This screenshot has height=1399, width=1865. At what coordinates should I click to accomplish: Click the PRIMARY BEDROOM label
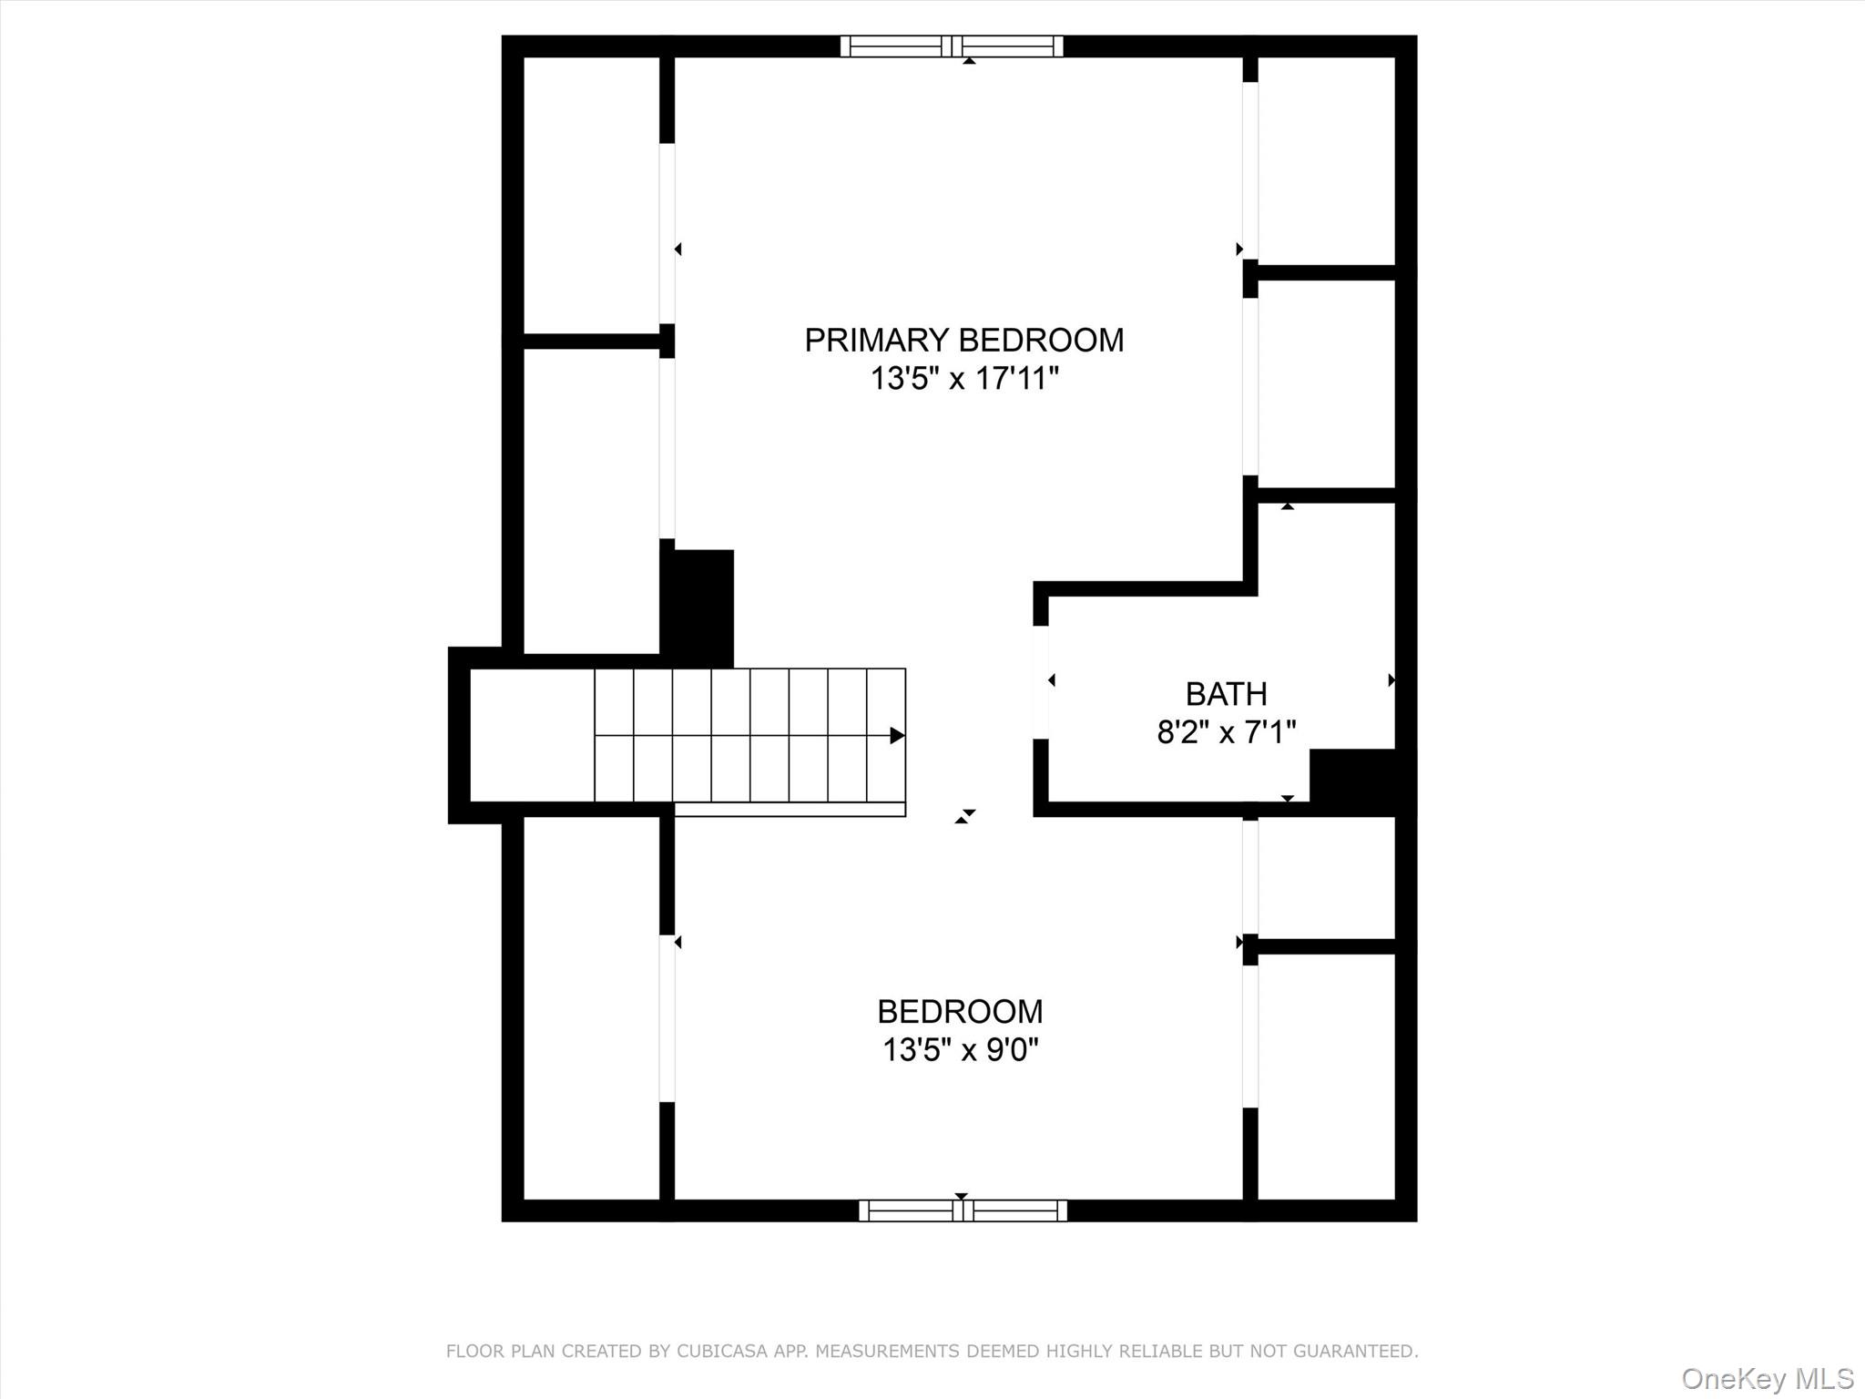tap(963, 340)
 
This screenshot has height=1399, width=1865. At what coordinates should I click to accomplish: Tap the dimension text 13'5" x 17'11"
tap(963, 378)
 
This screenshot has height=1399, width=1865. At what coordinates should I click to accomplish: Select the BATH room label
tap(1226, 694)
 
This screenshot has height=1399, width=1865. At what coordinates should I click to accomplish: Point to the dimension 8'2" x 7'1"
tap(1226, 731)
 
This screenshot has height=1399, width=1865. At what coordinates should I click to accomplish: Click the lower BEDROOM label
tap(960, 1011)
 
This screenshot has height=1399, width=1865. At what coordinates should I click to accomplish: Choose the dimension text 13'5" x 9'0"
tap(960, 1050)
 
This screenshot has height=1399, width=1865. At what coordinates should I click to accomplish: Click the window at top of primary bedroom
tap(952, 46)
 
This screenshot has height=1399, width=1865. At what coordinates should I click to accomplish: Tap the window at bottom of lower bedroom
tap(963, 1210)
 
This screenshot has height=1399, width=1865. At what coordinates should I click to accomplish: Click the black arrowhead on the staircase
tap(897, 735)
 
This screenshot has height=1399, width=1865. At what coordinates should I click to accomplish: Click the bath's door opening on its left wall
tap(1040, 681)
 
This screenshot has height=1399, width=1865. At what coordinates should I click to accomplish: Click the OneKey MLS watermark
tap(1767, 1378)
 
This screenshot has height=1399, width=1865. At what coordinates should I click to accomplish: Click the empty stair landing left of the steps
tap(532, 735)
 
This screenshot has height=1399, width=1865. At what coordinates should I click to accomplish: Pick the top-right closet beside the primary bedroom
tap(1326, 160)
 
